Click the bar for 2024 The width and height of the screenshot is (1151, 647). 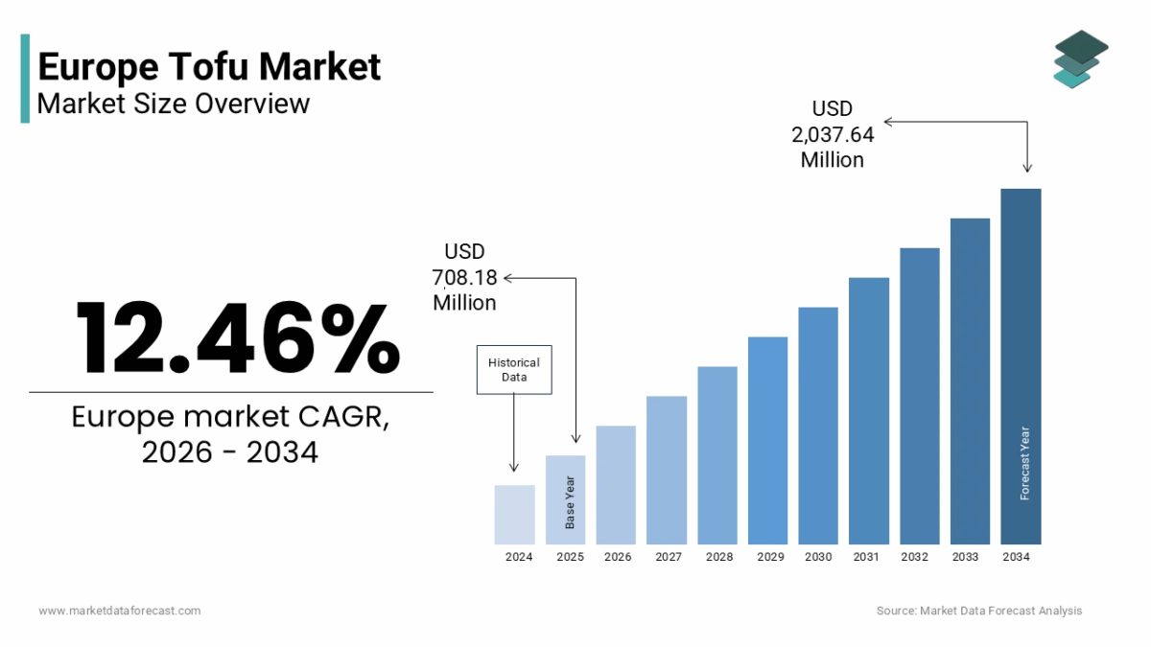514,515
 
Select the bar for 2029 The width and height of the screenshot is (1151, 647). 767,441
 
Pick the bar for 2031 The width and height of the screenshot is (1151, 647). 869,411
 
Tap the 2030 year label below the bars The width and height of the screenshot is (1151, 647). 818,557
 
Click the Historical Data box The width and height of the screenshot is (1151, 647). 514,369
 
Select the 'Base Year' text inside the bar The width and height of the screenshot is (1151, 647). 570,502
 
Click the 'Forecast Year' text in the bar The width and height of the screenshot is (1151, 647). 1024,463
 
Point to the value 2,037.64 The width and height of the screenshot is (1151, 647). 832,134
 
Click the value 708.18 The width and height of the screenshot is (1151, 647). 465,277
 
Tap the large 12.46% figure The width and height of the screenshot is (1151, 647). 237,337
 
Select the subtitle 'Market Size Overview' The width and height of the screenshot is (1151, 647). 174,103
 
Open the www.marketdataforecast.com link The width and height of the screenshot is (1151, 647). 120,611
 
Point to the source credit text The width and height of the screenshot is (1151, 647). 978,611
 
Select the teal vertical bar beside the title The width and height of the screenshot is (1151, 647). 25,79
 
